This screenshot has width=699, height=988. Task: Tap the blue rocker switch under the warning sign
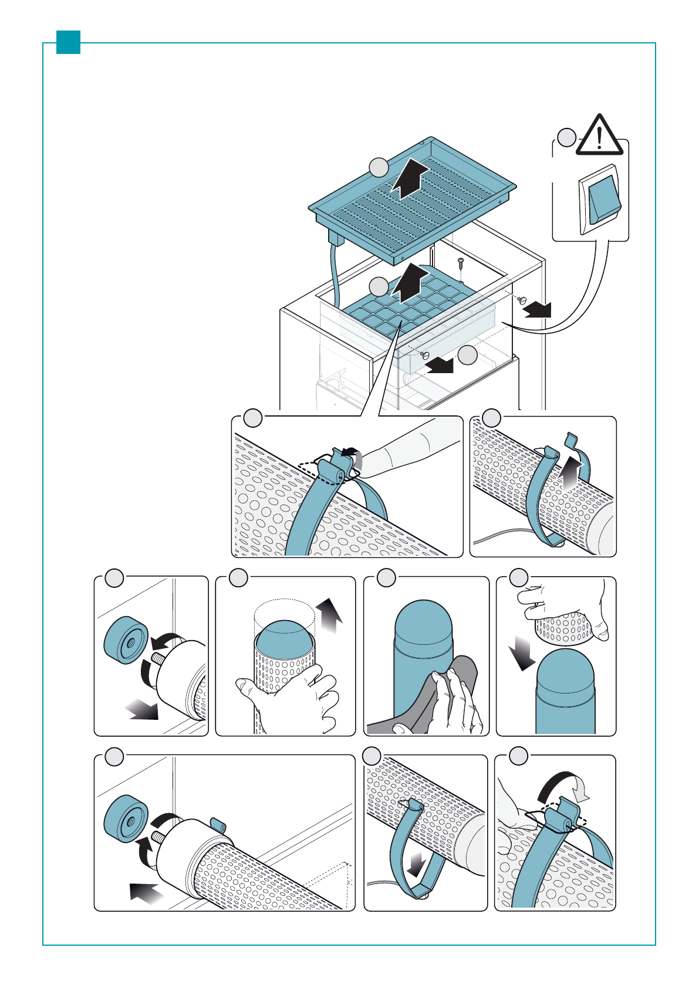pos(605,199)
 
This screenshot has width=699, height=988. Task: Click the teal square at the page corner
pos(68,42)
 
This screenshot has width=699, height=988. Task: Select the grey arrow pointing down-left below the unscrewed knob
pos(143,710)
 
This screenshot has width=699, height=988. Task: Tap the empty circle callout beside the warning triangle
pos(566,138)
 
